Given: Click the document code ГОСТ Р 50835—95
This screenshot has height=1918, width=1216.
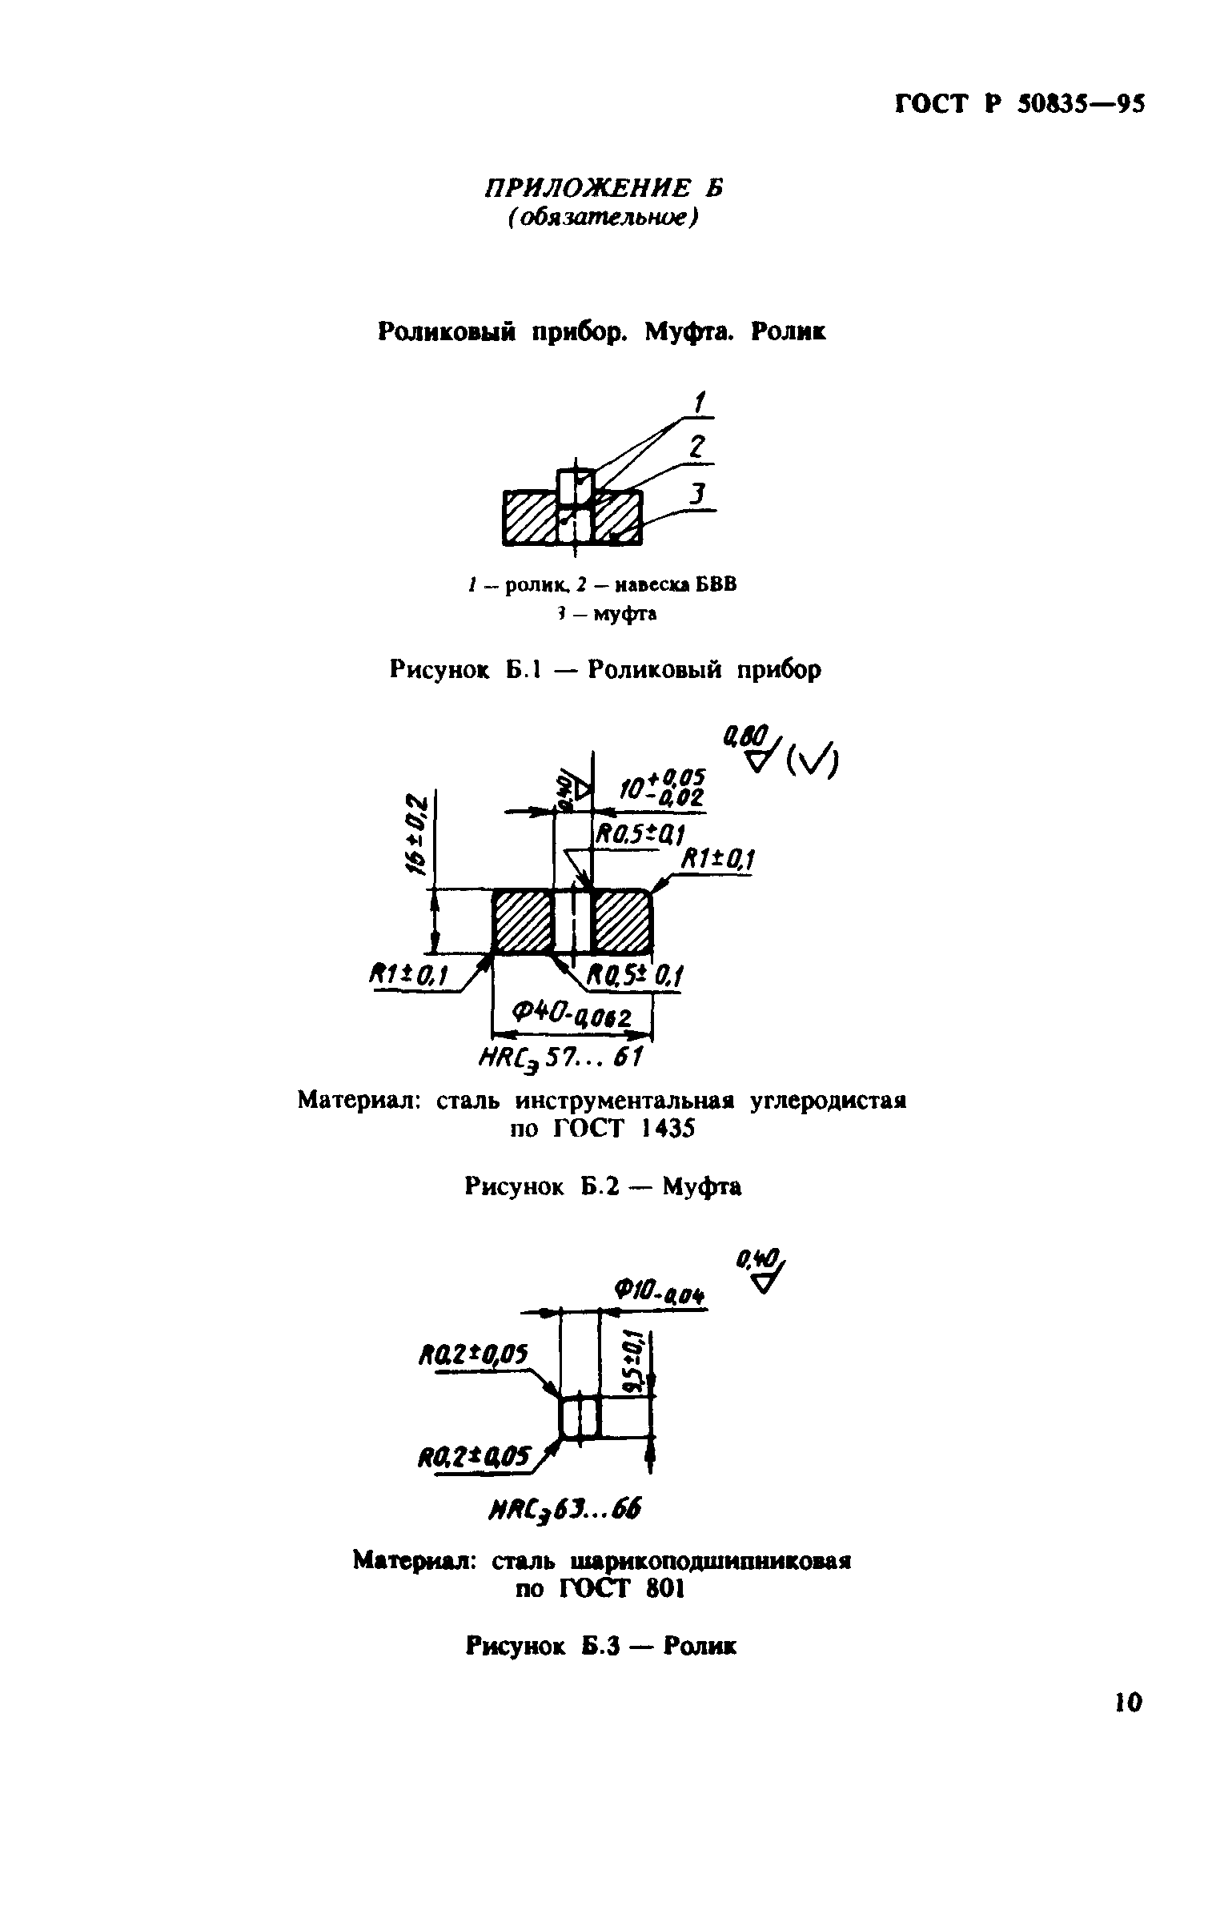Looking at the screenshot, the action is (x=1020, y=105).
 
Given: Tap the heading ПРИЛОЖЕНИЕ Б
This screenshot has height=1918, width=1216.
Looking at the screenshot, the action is (x=603, y=189).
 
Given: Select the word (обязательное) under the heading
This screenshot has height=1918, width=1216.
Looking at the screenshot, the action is (x=602, y=219).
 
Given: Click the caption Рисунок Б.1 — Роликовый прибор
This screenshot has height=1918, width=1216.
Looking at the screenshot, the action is (x=605, y=668).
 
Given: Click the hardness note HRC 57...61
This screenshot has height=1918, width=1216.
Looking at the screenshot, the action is (x=560, y=1058).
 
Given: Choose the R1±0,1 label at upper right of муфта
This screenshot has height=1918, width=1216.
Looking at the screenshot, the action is (x=717, y=861).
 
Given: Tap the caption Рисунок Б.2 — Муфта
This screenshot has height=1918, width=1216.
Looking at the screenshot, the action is (x=602, y=1186).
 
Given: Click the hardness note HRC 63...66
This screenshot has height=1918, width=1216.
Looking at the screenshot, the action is (x=564, y=1509).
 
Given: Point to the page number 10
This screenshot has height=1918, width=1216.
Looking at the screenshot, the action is (x=1128, y=1723).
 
